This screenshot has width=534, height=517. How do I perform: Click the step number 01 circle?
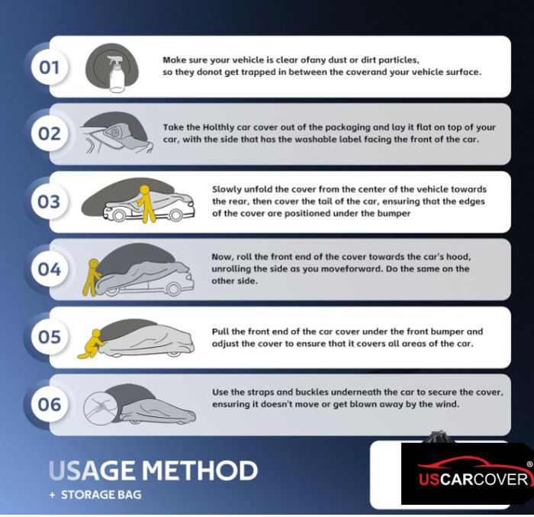click(50, 67)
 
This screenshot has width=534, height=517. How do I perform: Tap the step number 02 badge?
click(50, 134)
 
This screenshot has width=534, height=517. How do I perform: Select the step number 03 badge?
click(50, 201)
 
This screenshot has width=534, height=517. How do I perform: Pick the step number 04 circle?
click(50, 269)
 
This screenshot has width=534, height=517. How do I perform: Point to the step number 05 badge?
click(50, 337)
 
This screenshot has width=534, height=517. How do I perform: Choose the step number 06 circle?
click(50, 405)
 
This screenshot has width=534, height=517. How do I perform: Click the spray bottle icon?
click(116, 74)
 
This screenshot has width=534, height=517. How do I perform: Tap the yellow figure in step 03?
click(146, 204)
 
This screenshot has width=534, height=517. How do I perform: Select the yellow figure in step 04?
click(92, 277)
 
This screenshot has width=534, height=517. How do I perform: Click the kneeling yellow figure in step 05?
click(92, 344)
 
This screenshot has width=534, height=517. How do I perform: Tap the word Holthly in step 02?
click(218, 128)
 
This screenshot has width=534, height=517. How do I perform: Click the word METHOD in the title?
click(200, 470)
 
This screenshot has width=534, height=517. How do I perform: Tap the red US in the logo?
click(429, 479)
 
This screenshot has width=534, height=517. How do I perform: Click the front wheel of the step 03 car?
click(175, 215)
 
